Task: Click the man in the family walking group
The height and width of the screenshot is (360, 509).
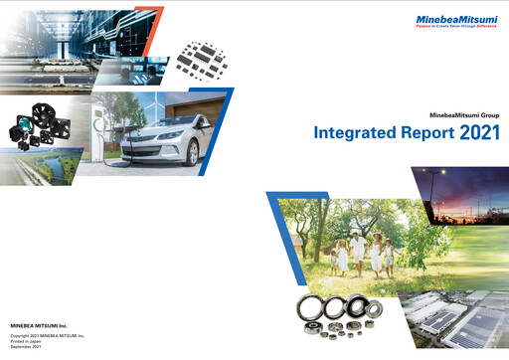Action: point(375,251)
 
